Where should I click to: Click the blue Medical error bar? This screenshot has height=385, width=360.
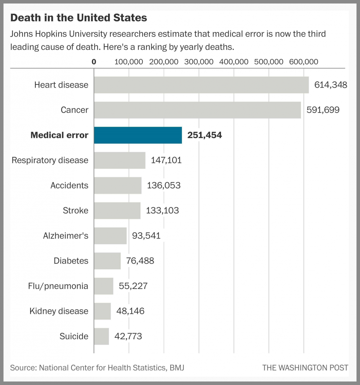tap(138, 135)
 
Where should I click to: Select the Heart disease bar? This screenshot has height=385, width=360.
tap(201, 85)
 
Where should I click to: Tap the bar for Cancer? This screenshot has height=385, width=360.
tap(197, 110)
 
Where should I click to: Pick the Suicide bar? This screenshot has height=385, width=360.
tap(101, 336)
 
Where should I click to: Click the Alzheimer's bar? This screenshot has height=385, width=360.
tap(110, 236)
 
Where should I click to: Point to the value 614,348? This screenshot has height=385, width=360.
tap(331, 85)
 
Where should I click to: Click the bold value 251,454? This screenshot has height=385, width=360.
tap(205, 135)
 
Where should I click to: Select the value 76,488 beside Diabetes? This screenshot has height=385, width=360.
tap(140, 261)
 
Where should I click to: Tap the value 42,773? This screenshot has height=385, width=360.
tap(128, 336)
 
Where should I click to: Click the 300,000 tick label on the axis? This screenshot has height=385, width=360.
tap(199, 62)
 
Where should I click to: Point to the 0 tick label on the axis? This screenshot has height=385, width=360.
tap(94, 62)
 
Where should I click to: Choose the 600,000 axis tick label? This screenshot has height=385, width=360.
tap(304, 62)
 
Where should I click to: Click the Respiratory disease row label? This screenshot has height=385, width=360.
tap(50, 160)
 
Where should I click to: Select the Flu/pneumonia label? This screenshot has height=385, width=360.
tap(58, 286)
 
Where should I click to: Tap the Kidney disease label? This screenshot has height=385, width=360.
tap(59, 311)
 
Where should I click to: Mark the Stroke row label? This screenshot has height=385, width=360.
tap(75, 210)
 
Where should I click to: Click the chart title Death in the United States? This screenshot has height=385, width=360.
tap(79, 18)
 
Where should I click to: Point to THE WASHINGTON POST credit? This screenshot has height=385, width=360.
tap(305, 368)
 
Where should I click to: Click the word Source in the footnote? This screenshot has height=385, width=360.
tap(22, 368)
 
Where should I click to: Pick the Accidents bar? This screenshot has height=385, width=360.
tap(118, 185)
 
